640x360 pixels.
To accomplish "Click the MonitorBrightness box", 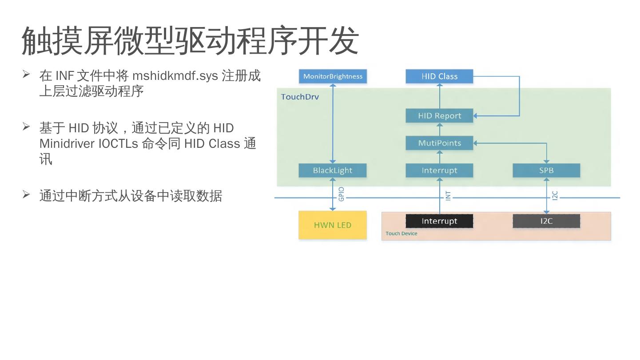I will (333, 76).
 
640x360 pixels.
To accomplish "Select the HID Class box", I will (439, 76).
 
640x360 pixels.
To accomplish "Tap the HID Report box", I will (439, 116).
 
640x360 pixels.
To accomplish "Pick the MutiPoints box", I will (439, 143).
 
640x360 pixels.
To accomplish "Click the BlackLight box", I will (333, 170).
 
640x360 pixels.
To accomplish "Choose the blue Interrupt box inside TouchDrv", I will (439, 170).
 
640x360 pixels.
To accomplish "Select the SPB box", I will (546, 170).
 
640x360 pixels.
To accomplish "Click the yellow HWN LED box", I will (333, 225).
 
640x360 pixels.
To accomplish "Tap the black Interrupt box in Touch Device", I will (439, 221).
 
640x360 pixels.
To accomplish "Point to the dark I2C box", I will (546, 221).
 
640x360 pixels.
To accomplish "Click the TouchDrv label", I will (300, 97).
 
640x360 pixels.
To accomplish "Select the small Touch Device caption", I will (401, 233).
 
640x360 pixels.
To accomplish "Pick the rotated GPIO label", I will (342, 194).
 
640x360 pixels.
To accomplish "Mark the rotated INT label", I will (448, 196).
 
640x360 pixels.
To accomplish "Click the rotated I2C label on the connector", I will (555, 196).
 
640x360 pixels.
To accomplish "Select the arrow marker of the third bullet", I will (26, 194).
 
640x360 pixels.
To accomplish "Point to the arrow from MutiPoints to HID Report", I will (440, 130).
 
